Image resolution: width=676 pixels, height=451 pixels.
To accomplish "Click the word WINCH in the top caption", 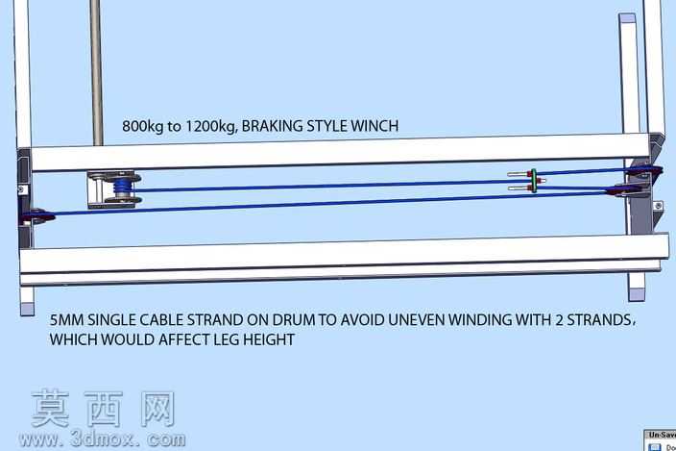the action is coord(374,126).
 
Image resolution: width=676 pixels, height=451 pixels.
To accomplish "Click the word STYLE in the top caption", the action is coord(326,126).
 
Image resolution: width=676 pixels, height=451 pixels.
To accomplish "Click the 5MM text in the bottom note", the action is coord(67,320).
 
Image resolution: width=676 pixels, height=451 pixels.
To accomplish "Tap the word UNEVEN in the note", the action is coord(416,320).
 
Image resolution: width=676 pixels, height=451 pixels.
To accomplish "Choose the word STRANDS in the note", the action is coord(600,320).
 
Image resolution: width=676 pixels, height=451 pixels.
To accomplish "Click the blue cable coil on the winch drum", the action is coord(121,188).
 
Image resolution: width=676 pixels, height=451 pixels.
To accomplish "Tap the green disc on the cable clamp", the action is coord(534,181).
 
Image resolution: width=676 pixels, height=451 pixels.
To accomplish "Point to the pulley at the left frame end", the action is coord(38,216).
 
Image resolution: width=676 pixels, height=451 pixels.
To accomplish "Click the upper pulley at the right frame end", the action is coord(644,171).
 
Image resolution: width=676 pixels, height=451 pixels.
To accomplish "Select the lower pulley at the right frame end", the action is coord(622,190).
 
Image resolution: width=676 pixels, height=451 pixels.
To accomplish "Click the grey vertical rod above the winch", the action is coord(97,72).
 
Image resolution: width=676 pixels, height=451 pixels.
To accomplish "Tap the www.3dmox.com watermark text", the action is coord(102,439).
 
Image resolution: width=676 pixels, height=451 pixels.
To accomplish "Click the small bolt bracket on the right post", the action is coord(658,206).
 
